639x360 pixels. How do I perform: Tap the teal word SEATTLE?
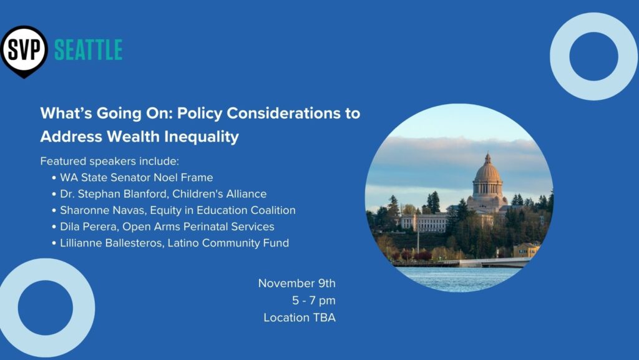[89, 50]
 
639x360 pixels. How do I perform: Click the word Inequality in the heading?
[202, 137]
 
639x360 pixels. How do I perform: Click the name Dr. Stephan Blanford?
[114, 194]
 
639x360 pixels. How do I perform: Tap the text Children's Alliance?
[219, 194]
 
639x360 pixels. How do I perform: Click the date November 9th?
[296, 283]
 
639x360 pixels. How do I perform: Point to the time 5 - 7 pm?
[314, 301]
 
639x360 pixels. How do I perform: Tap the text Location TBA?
[300, 318]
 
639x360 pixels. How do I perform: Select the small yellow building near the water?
[526, 250]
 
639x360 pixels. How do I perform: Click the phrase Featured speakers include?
[110, 161]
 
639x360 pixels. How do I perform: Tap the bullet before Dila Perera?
[54, 227]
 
